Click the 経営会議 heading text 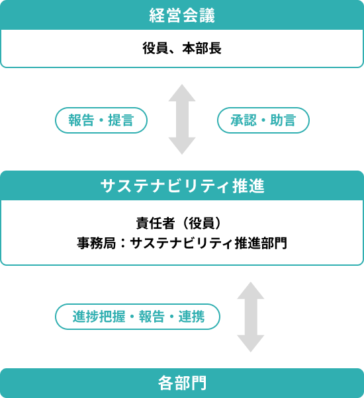182,15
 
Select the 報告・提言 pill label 101,120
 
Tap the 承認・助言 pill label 263,120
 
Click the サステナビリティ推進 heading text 182,186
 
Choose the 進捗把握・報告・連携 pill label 137,317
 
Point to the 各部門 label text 182,383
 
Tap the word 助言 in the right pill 286,120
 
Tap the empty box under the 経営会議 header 182,48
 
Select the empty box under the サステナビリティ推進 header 182,232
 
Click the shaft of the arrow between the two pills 182,120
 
